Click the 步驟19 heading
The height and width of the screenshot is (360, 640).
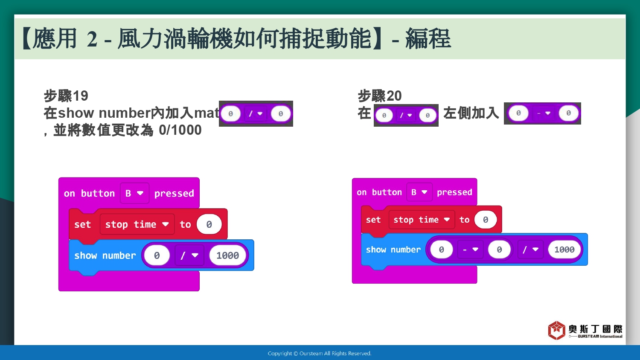(x=66, y=96)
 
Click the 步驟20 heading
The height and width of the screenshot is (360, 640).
(x=380, y=96)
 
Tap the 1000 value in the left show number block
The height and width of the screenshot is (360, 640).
(x=227, y=255)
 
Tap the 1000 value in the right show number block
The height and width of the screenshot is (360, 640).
(x=564, y=250)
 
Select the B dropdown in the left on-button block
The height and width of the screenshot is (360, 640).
(x=134, y=193)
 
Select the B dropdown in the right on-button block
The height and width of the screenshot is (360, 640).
(x=419, y=192)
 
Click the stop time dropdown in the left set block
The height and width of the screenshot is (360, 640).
(x=137, y=224)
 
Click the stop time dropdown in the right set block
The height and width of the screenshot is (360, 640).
(x=422, y=220)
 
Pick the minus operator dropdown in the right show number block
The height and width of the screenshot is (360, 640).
(x=470, y=250)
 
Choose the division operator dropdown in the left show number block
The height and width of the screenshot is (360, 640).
(x=189, y=255)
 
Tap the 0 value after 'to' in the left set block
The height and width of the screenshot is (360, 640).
(x=209, y=224)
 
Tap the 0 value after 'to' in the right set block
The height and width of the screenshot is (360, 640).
(x=486, y=220)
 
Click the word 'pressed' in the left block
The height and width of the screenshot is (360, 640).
(x=174, y=193)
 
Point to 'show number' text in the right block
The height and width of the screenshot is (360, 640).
(x=393, y=250)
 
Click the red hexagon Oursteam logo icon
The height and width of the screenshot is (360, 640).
(x=556, y=330)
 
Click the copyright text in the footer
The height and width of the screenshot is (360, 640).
(x=320, y=354)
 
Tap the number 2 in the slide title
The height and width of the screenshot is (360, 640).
(x=92, y=39)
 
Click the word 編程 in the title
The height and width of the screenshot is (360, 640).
(x=428, y=38)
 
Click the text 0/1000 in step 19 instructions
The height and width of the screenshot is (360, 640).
(x=180, y=130)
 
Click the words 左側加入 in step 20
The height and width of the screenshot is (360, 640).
(x=471, y=113)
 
